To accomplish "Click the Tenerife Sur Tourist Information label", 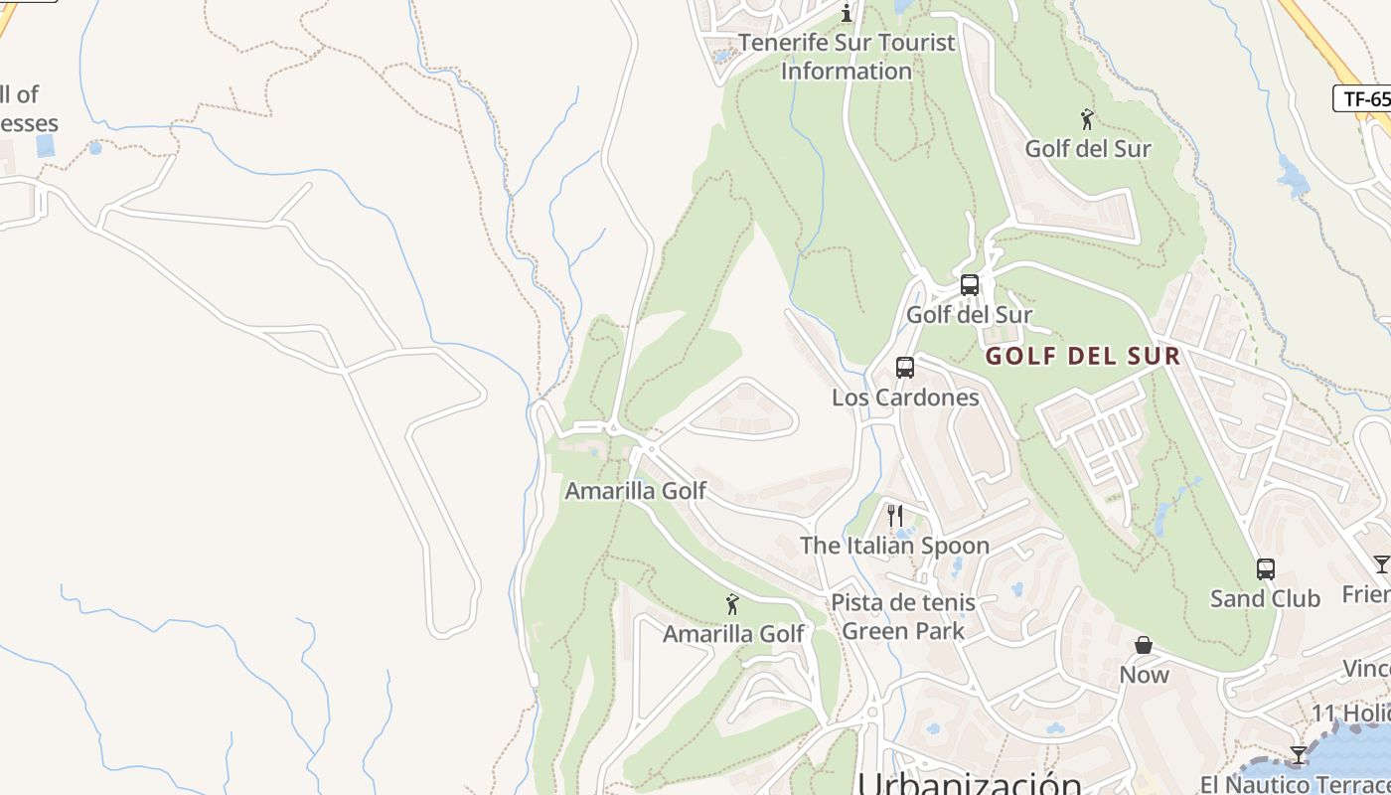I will pyautogui.click(x=847, y=57).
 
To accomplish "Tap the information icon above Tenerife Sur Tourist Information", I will pyautogui.click(x=847, y=13).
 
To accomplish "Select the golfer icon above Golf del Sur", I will pyautogui.click(x=1087, y=120).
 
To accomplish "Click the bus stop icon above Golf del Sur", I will pyautogui.click(x=970, y=285).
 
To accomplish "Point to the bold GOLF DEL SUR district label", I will pyautogui.click(x=1083, y=356).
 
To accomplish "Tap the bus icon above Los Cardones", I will pyautogui.click(x=905, y=368).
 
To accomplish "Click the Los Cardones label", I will pyautogui.click(x=905, y=397).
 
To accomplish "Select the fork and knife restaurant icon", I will pyautogui.click(x=895, y=516).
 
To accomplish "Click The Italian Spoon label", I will pyautogui.click(x=894, y=546).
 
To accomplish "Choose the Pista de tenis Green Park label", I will pyautogui.click(x=903, y=616).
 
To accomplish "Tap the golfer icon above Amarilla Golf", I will pyautogui.click(x=733, y=604).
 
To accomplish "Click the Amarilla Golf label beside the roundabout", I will pyautogui.click(x=636, y=491).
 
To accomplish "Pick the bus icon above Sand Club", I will pyautogui.click(x=1265, y=569).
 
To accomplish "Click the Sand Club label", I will pyautogui.click(x=1265, y=598).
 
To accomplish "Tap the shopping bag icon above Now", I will pyautogui.click(x=1144, y=646).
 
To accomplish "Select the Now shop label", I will pyautogui.click(x=1145, y=675).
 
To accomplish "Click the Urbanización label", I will pyautogui.click(x=970, y=783).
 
